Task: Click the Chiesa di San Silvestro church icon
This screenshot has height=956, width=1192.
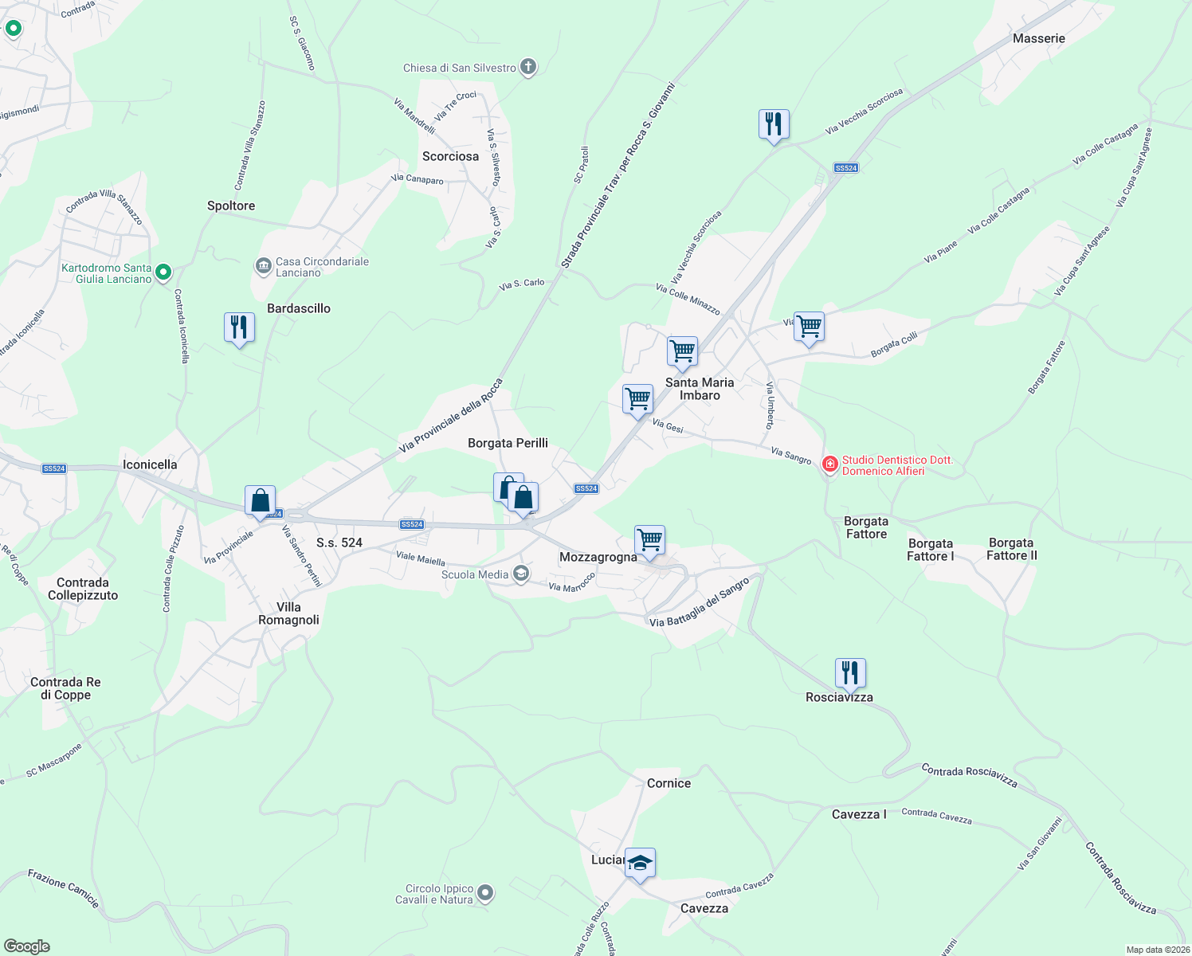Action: [528, 67]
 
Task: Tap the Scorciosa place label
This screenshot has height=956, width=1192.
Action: [450, 156]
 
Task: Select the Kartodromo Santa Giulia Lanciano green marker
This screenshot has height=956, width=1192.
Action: [163, 272]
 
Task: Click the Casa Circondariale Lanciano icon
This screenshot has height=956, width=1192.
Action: [263, 266]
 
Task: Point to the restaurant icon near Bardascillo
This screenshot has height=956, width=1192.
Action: [239, 327]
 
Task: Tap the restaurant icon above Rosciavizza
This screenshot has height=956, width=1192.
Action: [850, 673]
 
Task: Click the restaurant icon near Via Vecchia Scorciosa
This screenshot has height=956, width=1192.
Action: [774, 124]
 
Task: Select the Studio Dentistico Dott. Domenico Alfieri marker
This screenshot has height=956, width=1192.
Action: [830, 464]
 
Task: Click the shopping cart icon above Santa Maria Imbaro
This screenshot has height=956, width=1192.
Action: [682, 351]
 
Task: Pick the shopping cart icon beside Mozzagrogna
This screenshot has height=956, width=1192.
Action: [649, 540]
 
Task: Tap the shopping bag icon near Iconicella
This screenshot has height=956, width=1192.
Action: [260, 501]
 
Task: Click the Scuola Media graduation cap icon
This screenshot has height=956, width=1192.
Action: [521, 574]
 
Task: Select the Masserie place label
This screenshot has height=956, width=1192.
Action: [1038, 38]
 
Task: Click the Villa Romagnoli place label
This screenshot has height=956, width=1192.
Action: [288, 613]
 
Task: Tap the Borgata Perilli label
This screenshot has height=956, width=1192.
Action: [508, 443]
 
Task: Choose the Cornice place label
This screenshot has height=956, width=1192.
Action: [669, 783]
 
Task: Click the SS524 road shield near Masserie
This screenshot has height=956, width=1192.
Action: [845, 168]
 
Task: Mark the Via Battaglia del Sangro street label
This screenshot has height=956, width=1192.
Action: [700, 602]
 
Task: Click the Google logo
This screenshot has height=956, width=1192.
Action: [26, 946]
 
